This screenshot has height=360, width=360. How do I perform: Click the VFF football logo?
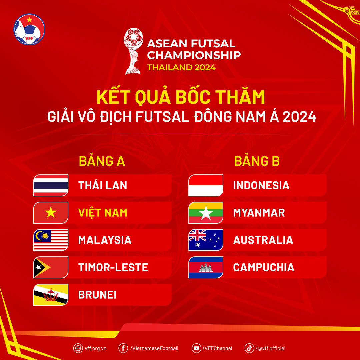pyautogui.click(x=29, y=29)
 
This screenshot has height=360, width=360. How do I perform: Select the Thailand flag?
pyautogui.click(x=51, y=185)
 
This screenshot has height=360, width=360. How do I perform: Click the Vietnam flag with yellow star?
pyautogui.click(x=51, y=213)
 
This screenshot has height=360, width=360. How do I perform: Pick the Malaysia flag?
pyautogui.click(x=51, y=240)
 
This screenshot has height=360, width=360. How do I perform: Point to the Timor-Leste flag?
pyautogui.click(x=51, y=267)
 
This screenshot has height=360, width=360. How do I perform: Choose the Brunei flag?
pyautogui.click(x=51, y=295)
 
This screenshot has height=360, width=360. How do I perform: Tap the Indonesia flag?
pyautogui.click(x=206, y=185)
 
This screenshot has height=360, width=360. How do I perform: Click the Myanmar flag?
pyautogui.click(x=206, y=213)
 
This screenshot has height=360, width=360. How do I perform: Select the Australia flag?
pyautogui.click(x=206, y=240)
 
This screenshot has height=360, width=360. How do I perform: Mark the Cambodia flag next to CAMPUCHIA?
pyautogui.click(x=206, y=267)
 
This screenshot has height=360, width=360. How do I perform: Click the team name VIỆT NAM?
pyautogui.click(x=103, y=213)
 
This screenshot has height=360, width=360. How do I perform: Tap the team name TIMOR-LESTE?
pyautogui.click(x=113, y=267)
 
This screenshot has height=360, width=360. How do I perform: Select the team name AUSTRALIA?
pyautogui.click(x=263, y=240)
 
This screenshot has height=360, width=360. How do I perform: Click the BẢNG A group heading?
pyautogui.click(x=102, y=161)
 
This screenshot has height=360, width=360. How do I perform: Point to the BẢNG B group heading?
pyautogui.click(x=257, y=161)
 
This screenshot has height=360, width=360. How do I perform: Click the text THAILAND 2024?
pyautogui.click(x=181, y=67)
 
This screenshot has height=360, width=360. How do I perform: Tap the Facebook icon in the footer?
pyautogui.click(x=123, y=348)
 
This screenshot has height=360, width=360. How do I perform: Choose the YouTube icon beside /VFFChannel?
pyautogui.click(x=196, y=348)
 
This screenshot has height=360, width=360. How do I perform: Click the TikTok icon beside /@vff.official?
pyautogui.click(x=249, y=348)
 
